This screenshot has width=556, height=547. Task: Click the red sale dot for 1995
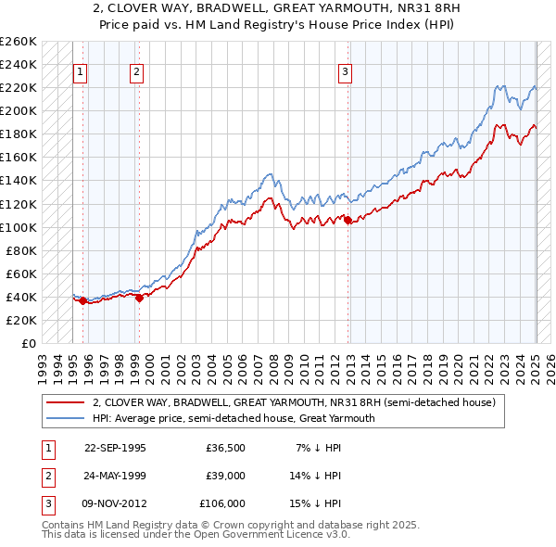[82, 300]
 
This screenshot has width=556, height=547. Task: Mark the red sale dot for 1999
[139, 298]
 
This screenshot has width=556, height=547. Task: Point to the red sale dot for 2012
[347, 220]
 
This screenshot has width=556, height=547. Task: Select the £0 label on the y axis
[28, 343]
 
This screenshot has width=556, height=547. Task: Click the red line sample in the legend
[65, 402]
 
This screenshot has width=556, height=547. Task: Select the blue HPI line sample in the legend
[65, 418]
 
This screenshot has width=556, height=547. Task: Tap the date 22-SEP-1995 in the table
[115, 447]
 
